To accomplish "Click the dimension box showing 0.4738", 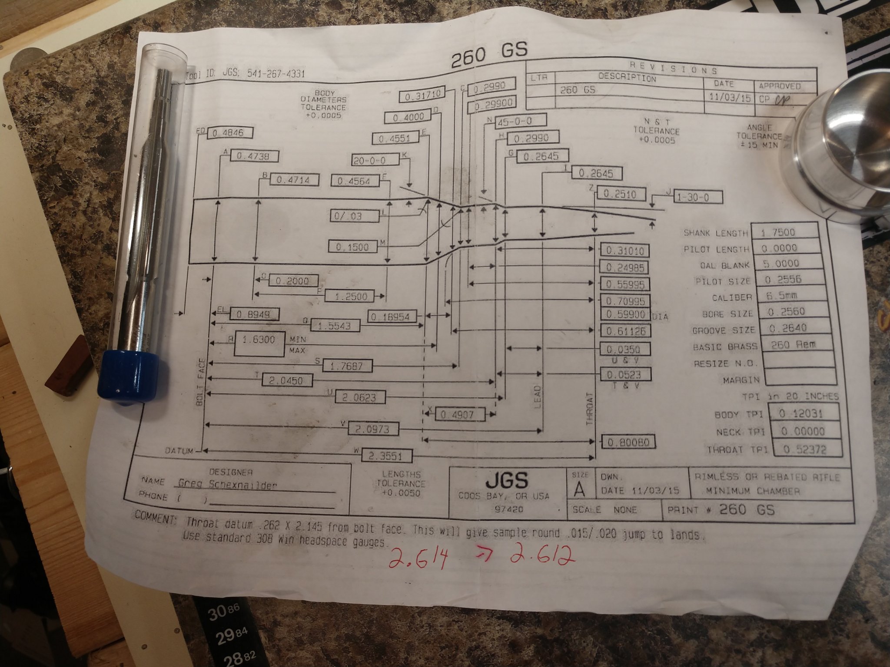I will pyautogui.click(x=254, y=156).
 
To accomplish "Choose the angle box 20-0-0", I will pyautogui.click(x=376, y=160).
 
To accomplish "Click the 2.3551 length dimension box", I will pyautogui.click(x=385, y=456).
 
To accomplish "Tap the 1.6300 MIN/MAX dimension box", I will pyautogui.click(x=259, y=340).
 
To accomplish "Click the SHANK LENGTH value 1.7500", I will pyautogui.click(x=778, y=232).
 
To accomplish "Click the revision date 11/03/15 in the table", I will pyautogui.click(x=730, y=97).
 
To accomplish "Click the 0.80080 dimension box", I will pyautogui.click(x=628, y=442).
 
